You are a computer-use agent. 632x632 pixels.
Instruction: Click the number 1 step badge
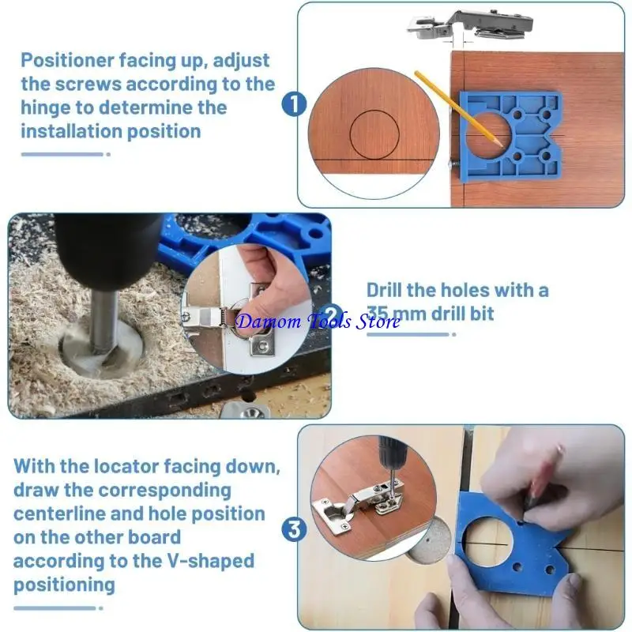coord(294,103)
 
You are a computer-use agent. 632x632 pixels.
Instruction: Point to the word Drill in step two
coord(387,290)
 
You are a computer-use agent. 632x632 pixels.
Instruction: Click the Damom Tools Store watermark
coord(318,321)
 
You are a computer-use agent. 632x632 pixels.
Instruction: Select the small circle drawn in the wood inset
coord(374,134)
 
